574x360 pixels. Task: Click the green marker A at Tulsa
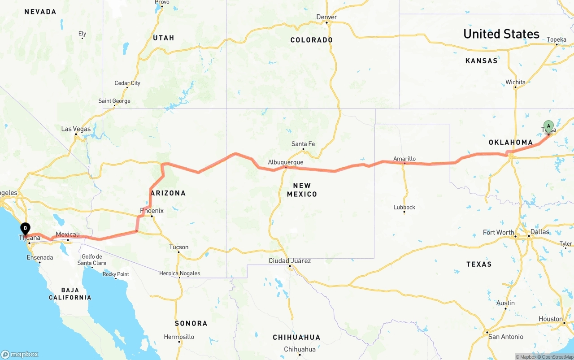(x=548, y=126)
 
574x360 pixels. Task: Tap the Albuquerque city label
(x=286, y=162)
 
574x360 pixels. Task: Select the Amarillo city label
(x=404, y=159)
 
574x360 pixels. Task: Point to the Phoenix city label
(x=152, y=211)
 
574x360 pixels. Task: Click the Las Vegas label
(x=76, y=129)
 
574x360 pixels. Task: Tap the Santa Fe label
(x=303, y=144)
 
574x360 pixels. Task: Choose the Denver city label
(x=326, y=17)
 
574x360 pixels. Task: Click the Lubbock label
(x=404, y=207)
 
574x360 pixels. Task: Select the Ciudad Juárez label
(x=290, y=260)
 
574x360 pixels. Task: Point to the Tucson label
(x=179, y=247)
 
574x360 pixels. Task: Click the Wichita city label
(x=515, y=82)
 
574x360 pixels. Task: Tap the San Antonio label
(x=506, y=337)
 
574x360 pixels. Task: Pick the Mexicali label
(x=68, y=234)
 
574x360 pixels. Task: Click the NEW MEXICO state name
(x=302, y=190)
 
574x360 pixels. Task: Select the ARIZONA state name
(x=168, y=193)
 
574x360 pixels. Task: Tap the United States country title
(x=501, y=34)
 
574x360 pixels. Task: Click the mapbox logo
(x=20, y=354)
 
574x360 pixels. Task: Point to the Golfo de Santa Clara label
(x=92, y=260)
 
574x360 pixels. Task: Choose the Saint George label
(x=114, y=101)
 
